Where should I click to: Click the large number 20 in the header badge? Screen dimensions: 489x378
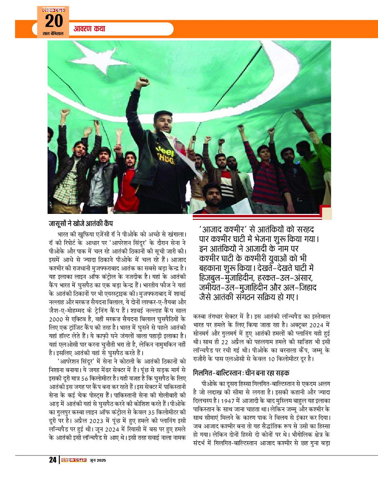click(x=54, y=21)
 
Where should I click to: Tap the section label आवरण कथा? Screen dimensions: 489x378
click(x=89, y=29)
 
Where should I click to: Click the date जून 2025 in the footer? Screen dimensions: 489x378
click(x=98, y=460)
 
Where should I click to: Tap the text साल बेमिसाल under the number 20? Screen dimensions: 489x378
click(x=53, y=34)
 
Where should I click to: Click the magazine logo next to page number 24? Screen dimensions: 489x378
click(x=74, y=460)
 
